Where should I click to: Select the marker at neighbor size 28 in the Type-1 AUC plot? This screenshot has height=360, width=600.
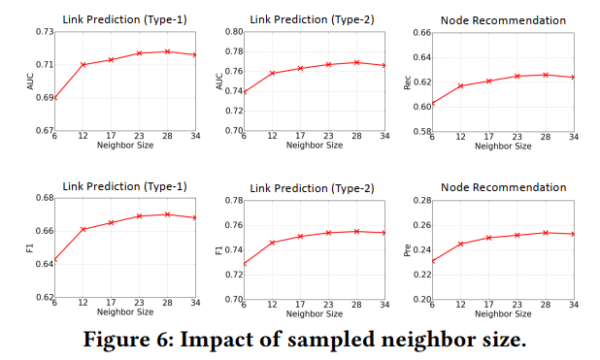click(x=168, y=51)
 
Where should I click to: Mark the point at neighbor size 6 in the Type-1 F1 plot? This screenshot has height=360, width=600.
click(x=56, y=260)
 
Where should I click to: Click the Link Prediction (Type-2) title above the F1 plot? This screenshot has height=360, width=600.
click(x=313, y=186)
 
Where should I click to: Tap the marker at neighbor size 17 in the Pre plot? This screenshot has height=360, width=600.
click(x=489, y=237)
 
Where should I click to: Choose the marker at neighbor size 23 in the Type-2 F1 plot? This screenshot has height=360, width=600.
click(x=329, y=233)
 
